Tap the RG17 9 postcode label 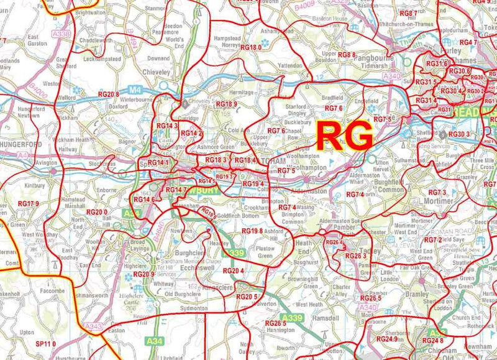coord(29,204)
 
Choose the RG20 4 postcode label coord(232,270)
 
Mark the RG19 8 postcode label coord(253,231)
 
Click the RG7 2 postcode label coord(433,240)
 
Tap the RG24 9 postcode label coord(386,339)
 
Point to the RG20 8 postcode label coord(108,94)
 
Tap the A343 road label coord(93,326)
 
